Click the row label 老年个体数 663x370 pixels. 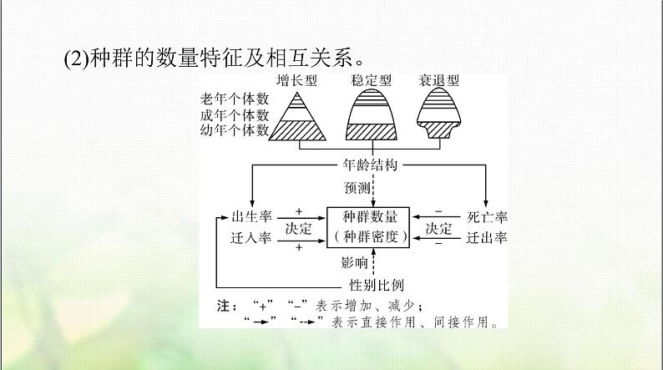[x=238, y=99]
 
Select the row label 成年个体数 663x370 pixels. [x=238, y=114]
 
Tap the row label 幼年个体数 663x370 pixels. [x=238, y=129]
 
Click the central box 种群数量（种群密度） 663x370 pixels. [x=368, y=226]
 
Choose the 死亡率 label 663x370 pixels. [x=488, y=217]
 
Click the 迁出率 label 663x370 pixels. [x=488, y=237]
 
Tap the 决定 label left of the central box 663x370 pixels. [x=298, y=228]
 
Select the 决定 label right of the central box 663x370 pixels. [x=439, y=228]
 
